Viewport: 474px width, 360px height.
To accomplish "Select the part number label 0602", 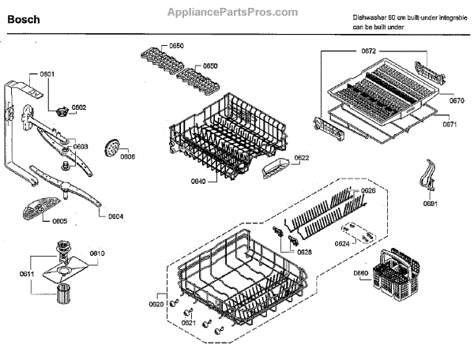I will point(78,107).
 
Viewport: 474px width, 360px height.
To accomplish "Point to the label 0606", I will point(127,156).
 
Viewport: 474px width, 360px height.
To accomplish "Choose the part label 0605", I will point(59,221).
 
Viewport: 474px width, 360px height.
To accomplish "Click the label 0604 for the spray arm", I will point(115,216).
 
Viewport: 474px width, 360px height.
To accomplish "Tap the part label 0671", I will point(450,124).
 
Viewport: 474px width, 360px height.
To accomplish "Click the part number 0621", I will point(187,322).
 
